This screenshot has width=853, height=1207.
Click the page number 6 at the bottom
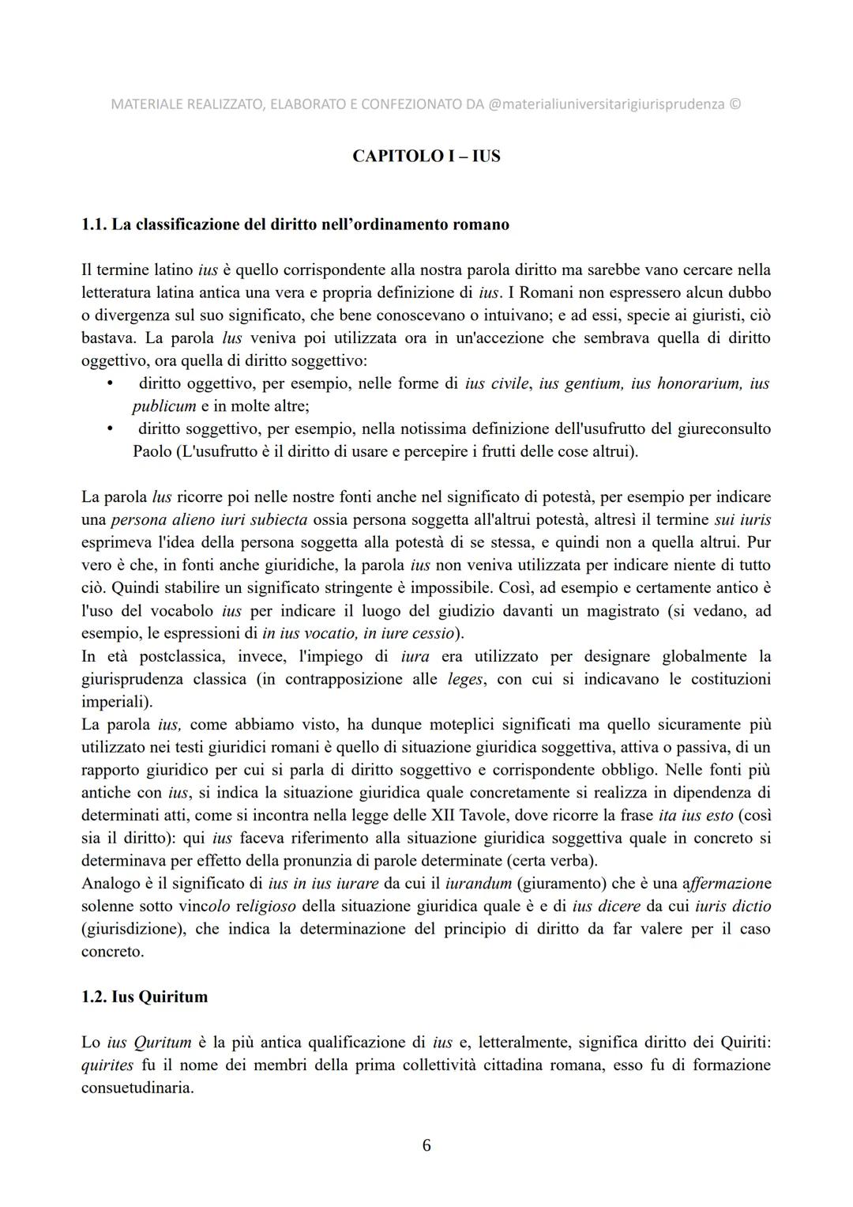[x=426, y=1145]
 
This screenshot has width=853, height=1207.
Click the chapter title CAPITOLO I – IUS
[x=426, y=156]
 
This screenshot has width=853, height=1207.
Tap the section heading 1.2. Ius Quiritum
[x=145, y=997]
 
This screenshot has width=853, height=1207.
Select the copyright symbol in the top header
[x=735, y=104]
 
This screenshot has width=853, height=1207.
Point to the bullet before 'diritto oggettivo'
[x=111, y=384]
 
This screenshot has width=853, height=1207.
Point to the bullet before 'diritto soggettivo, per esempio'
[x=111, y=429]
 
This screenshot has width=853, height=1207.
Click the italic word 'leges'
[x=465, y=679]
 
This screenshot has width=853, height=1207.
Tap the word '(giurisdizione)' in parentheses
[x=132, y=929]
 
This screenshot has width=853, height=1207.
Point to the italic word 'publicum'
[x=163, y=406]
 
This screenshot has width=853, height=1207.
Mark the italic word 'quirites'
[x=107, y=1065]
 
